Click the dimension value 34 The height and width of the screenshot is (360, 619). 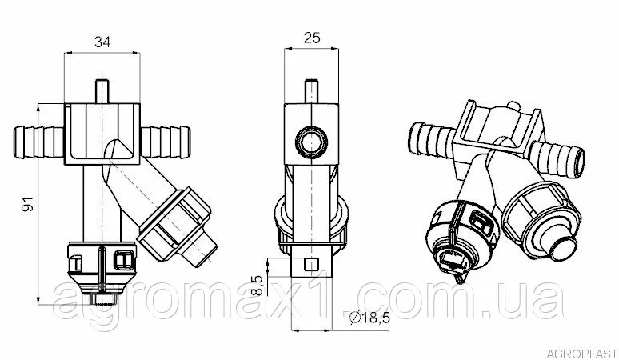102,42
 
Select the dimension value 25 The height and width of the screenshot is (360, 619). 312,38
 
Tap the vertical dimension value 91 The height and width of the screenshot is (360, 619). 29,204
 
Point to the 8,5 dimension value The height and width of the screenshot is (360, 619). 257,286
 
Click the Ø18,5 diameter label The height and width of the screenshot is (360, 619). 370,318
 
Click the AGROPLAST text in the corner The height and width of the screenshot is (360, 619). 582,353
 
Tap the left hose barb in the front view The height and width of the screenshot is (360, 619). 38,142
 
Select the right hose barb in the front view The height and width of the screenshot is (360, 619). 166,142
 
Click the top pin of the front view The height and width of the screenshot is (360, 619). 102,91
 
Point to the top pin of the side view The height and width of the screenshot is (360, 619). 311,91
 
